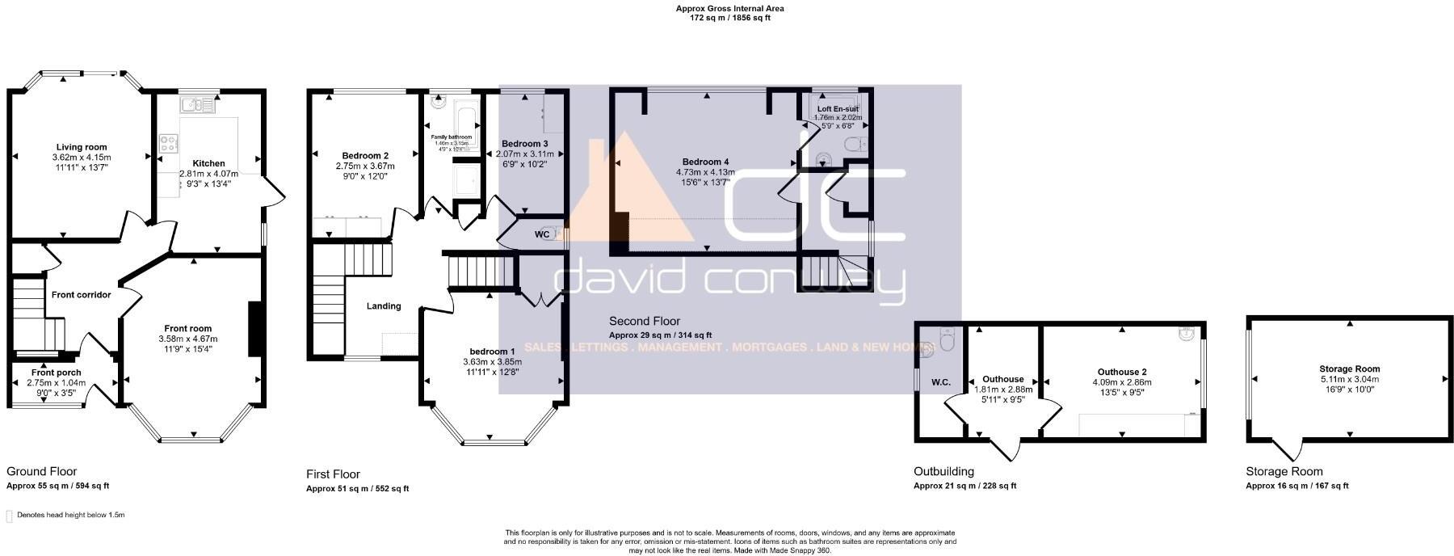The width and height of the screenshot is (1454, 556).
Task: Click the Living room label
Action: click(80, 147)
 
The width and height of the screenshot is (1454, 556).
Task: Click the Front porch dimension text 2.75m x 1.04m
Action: click(57, 383)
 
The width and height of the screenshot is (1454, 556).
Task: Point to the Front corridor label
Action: click(81, 295)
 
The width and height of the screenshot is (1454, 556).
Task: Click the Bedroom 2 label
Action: click(365, 156)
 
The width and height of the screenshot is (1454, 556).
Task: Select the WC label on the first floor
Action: click(542, 234)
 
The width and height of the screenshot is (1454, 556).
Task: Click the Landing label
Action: click(384, 306)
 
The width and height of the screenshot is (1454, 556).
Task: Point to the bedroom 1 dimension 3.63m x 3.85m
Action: click(492, 362)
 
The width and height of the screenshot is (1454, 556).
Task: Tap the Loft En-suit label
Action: click(838, 108)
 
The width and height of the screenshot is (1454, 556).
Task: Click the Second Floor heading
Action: click(644, 321)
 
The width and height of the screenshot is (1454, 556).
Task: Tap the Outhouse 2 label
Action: click(1122, 373)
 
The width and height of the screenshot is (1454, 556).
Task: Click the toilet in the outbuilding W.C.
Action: click(945, 338)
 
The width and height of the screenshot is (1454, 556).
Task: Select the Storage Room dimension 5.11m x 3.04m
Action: click(1349, 379)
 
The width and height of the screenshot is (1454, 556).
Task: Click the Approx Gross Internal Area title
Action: click(729, 9)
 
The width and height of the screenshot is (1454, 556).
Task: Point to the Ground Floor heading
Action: click(41, 471)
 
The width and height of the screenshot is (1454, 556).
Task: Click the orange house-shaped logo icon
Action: click(626, 194)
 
